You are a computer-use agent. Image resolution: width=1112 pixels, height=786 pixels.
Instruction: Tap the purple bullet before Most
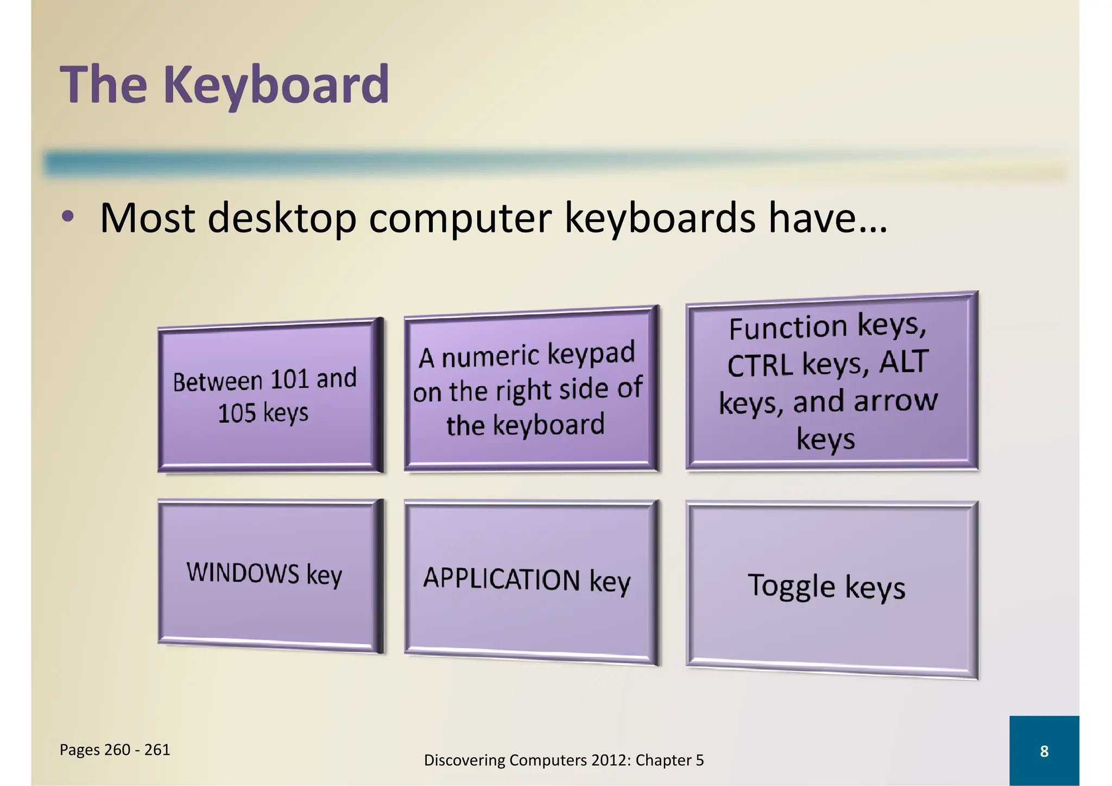(67, 217)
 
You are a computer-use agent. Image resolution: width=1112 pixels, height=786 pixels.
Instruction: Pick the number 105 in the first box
(237, 413)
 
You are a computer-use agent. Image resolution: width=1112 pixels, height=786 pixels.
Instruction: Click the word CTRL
(760, 365)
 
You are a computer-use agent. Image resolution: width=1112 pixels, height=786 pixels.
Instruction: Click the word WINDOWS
(243, 573)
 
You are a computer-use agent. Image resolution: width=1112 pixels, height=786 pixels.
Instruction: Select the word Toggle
(792, 586)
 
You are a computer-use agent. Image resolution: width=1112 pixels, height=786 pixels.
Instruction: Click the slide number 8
(1044, 751)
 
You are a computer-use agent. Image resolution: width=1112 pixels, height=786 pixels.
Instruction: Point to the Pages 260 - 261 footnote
(115, 750)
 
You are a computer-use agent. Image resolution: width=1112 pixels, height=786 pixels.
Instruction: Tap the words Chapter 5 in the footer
(669, 760)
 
